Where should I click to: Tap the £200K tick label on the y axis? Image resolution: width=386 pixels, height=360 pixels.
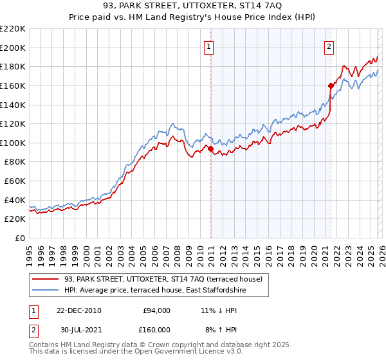[13, 48]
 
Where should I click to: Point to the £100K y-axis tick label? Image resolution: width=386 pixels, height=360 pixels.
[13, 143]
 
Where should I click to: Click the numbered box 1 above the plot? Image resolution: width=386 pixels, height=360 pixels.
[210, 46]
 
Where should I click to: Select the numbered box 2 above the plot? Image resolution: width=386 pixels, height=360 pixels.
[329, 46]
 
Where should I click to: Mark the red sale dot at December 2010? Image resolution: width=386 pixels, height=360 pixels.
[210, 148]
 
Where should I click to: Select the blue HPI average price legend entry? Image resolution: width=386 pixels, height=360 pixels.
[155, 291]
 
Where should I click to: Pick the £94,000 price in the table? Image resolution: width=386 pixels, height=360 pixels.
[156, 310]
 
